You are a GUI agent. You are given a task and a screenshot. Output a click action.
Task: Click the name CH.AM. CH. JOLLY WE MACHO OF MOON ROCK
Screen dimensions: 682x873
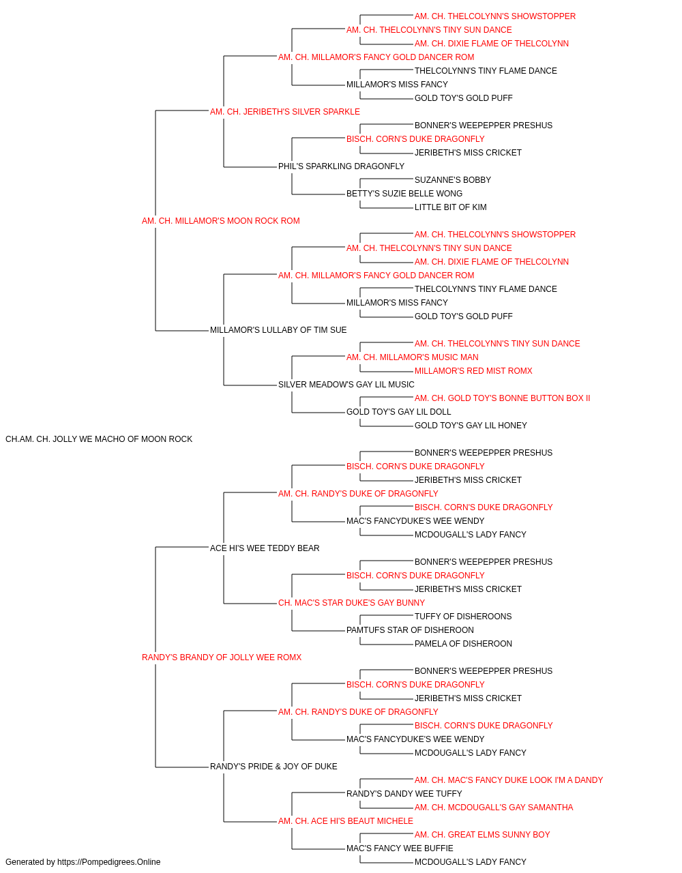tap(99, 439)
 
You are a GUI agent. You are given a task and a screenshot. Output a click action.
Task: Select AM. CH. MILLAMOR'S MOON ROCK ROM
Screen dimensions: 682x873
tap(220, 221)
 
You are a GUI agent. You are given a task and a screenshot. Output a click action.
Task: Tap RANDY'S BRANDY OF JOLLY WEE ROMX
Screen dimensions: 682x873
tap(221, 657)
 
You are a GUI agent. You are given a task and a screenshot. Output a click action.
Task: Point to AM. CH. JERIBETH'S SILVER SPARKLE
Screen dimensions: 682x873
tap(285, 112)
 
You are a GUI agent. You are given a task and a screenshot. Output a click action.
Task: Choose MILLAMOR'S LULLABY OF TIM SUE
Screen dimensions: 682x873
tap(278, 330)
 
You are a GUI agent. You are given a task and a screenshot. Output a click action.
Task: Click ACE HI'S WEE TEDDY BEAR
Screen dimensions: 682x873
tap(265, 548)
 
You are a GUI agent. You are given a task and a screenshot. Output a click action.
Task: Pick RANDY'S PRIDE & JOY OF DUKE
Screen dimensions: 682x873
tap(273, 766)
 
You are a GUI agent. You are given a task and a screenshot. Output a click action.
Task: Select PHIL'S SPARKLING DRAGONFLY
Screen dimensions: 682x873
tap(341, 166)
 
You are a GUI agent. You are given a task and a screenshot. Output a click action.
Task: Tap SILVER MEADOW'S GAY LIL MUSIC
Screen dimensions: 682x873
tap(346, 385)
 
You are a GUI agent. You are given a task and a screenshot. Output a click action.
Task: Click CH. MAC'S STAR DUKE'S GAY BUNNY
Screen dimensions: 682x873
tap(351, 603)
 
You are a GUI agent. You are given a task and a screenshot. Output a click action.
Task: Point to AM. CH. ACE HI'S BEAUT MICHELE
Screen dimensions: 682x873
tap(345, 820)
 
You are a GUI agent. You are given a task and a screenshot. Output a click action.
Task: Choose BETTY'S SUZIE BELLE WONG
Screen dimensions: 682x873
tap(404, 194)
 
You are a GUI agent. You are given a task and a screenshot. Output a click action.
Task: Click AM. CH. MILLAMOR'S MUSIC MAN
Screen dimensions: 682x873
tap(412, 357)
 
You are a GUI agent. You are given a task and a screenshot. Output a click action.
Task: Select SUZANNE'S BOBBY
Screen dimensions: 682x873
tap(453, 180)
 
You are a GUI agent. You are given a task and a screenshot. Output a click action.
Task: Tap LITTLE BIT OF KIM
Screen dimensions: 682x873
tap(450, 207)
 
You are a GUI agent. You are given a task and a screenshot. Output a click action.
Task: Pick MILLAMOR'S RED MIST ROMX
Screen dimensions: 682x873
tap(473, 371)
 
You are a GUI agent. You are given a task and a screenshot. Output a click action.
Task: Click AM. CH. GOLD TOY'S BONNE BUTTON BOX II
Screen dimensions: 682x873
tap(502, 398)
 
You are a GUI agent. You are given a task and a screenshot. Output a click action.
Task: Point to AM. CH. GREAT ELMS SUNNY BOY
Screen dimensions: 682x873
tap(482, 834)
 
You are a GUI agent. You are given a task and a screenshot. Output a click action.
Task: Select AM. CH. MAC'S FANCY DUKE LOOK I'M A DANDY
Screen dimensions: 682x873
tap(509, 780)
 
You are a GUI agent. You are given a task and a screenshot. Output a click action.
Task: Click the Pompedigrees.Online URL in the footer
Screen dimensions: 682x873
tap(108, 862)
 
